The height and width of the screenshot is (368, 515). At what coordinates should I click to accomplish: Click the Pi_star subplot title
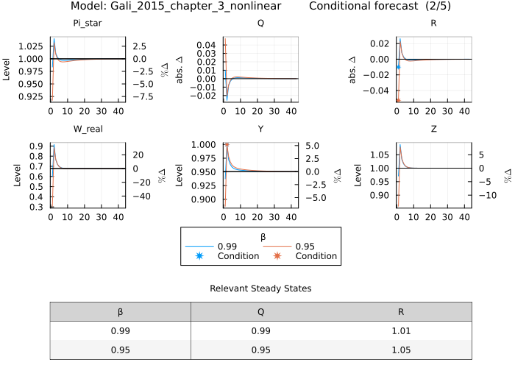pyautogui.click(x=86, y=23)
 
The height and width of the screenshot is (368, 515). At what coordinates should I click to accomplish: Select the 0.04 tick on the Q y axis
pyautogui.click(x=207, y=45)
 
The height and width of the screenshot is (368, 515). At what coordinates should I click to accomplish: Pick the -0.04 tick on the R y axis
pyautogui.click(x=378, y=91)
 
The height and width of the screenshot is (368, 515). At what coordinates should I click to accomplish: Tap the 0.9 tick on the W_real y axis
pyautogui.click(x=36, y=146)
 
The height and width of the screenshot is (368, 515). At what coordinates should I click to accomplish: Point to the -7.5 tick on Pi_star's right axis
pyautogui.click(x=143, y=96)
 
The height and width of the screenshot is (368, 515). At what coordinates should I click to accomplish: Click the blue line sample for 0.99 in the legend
pyautogui.click(x=199, y=247)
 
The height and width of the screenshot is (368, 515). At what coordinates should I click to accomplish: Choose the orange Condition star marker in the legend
pyautogui.click(x=277, y=256)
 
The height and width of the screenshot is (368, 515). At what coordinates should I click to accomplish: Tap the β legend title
pyautogui.click(x=260, y=237)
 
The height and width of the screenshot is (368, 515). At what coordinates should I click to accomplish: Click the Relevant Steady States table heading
pyautogui.click(x=260, y=289)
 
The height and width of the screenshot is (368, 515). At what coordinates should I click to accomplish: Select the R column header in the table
pyautogui.click(x=400, y=311)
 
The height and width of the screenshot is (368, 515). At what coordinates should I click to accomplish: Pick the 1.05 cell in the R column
pyautogui.click(x=400, y=350)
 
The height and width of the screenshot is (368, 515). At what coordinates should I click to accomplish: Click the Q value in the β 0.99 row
pyautogui.click(x=260, y=331)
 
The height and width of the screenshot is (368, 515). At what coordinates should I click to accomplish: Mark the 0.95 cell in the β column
pyautogui.click(x=120, y=350)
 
